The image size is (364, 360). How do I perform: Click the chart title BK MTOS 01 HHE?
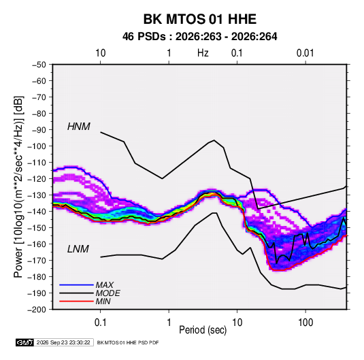(x=199, y=19)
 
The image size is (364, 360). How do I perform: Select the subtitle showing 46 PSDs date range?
(x=199, y=37)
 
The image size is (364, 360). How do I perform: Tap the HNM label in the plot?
(x=79, y=127)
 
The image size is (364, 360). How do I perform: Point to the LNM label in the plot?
(x=78, y=249)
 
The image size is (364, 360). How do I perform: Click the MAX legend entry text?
(x=105, y=285)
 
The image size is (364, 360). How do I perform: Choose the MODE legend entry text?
(x=107, y=293)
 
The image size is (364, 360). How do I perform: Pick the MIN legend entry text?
(x=103, y=301)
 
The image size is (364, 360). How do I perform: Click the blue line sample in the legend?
(x=76, y=285)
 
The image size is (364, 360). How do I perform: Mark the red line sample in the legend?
(x=76, y=301)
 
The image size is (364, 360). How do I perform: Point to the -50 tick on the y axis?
(x=39, y=65)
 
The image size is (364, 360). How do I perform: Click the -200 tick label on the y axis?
(x=37, y=310)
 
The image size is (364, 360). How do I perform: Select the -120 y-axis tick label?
(x=37, y=179)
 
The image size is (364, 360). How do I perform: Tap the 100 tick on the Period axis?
(x=305, y=323)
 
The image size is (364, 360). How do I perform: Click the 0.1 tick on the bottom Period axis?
(x=100, y=323)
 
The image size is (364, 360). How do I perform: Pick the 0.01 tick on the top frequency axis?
(x=305, y=53)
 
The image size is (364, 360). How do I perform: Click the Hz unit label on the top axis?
(x=203, y=53)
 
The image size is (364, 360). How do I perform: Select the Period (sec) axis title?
(x=203, y=330)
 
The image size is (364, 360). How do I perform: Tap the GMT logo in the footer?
(x=25, y=342)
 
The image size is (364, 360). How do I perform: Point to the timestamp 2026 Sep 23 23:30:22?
(x=63, y=342)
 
